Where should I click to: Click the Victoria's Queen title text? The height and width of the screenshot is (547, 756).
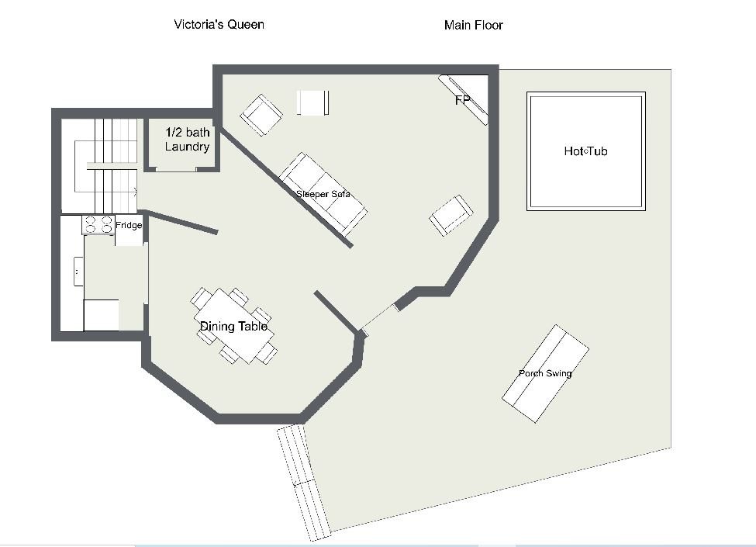tap(219, 25)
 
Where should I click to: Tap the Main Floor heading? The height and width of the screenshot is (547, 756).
tap(474, 25)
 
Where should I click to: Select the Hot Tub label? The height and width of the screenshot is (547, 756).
tap(586, 151)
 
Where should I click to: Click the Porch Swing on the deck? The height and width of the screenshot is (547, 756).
tap(545, 374)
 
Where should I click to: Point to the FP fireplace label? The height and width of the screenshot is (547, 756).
tap(462, 100)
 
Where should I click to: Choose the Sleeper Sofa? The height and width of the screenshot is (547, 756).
tap(323, 194)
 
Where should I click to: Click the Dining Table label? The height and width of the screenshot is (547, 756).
tap(234, 327)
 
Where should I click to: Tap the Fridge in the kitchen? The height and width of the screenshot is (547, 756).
tap(129, 230)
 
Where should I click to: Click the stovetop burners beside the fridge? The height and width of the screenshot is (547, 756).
tap(98, 225)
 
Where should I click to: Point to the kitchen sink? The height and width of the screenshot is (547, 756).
tap(78, 272)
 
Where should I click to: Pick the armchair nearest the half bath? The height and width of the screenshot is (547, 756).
tap(261, 115)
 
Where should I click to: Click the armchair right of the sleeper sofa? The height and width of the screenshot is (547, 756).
tap(451, 215)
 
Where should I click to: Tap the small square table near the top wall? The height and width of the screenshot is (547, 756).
tap(313, 102)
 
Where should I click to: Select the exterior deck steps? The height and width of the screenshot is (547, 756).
tap(304, 483)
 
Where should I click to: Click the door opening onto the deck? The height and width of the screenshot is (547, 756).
tap(379, 319)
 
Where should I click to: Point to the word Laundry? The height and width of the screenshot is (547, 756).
tap(187, 147)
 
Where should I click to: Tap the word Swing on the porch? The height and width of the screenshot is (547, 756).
tap(558, 373)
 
